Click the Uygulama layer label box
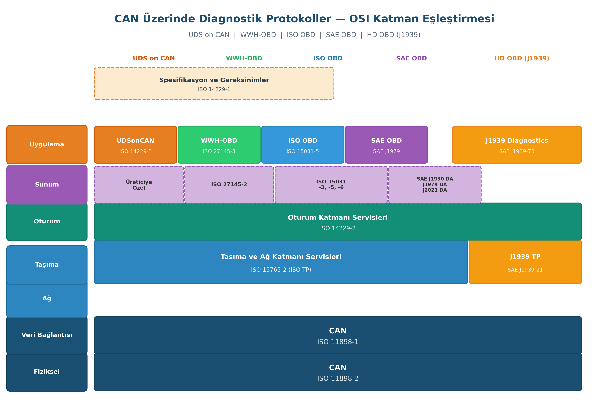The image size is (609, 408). coord(47,145)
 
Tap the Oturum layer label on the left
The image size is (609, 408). coord(47,222)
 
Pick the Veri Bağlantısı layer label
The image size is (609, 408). coord(47,335)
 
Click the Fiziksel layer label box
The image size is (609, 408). coord(47,372)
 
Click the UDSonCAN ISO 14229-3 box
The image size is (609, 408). coord(135,145)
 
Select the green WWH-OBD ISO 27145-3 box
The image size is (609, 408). coord(219,145)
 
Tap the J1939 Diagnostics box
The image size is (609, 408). coord(517,145)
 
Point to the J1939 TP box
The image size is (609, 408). coord(525,262)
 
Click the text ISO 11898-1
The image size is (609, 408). coord(338,342)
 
